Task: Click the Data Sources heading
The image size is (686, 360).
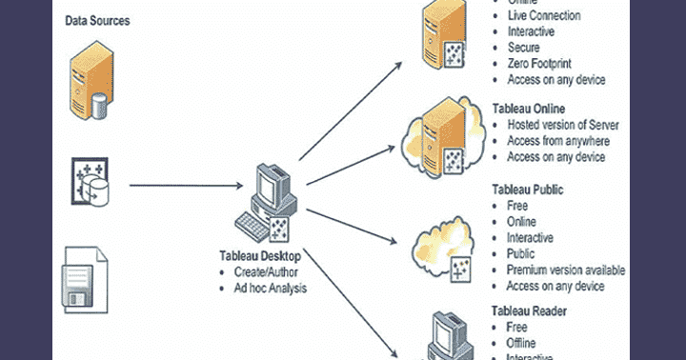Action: [98, 20]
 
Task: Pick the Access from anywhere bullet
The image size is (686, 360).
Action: [557, 142]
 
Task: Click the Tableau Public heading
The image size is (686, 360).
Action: [528, 190]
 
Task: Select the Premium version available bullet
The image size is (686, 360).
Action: [566, 270]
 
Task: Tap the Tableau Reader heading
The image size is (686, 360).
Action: [531, 310]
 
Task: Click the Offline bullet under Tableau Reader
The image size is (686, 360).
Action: [520, 342]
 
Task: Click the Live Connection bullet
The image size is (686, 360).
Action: [544, 15]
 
